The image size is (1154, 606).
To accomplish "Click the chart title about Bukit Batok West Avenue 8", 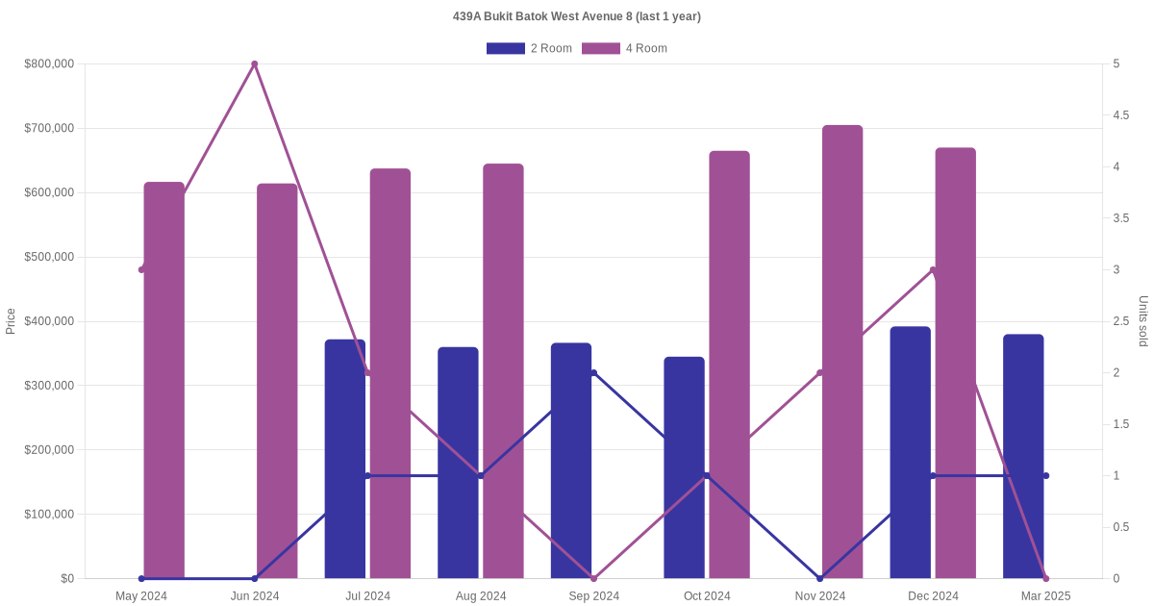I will tap(577, 16).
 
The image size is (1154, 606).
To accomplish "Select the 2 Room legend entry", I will tap(530, 48).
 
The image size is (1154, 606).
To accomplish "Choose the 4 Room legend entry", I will tap(625, 48).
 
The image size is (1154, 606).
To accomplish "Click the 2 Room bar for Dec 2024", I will tap(910, 452).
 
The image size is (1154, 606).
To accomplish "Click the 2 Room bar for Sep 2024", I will tap(571, 461).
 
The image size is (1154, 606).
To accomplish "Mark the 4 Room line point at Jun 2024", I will tap(255, 64).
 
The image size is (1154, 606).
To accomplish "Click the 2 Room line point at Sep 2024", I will tap(593, 373).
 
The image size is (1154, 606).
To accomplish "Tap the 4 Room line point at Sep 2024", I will tap(593, 578).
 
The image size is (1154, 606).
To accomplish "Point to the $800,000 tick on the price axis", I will tap(49, 64).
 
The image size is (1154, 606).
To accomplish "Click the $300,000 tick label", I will tap(49, 386).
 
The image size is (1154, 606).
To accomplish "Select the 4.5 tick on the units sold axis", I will tap(1120, 115).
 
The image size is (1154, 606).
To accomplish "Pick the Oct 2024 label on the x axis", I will tap(707, 596).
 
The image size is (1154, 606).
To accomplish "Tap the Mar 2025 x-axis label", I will tap(1045, 596).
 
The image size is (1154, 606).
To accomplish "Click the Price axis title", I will tap(11, 321).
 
